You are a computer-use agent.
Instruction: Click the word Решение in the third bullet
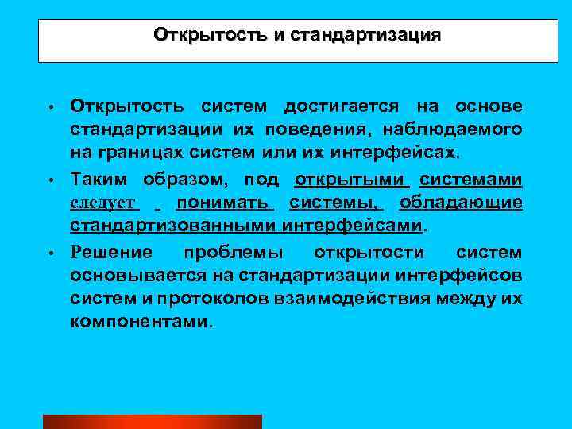(x=110, y=253)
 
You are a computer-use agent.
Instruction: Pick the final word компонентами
(x=141, y=323)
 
